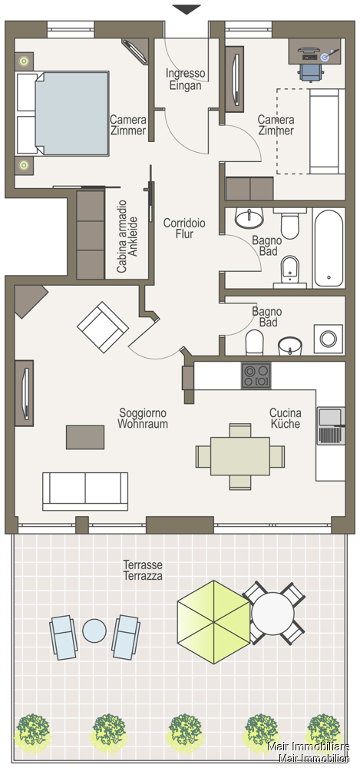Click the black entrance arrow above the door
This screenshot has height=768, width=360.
[x=187, y=9]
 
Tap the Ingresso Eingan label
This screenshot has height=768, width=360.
[x=185, y=79]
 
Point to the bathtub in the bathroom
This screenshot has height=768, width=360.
[x=329, y=249]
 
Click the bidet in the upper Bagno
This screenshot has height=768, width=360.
[x=290, y=269]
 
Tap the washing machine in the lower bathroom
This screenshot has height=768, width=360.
[x=328, y=339]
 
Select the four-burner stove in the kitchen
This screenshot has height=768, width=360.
[x=256, y=376]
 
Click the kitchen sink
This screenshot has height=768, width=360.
[x=331, y=425]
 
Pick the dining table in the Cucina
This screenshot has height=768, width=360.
[x=240, y=456]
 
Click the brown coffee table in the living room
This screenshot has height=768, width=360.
[x=85, y=437]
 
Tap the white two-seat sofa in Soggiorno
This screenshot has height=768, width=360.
[x=85, y=492]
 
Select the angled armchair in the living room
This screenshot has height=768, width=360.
[x=103, y=327]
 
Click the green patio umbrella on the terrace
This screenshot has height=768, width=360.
[x=214, y=622]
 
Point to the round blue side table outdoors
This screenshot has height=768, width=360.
[x=94, y=631]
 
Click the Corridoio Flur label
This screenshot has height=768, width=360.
[x=184, y=228]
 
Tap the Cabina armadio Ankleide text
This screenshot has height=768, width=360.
[x=127, y=236]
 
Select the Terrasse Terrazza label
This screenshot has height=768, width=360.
[x=142, y=570]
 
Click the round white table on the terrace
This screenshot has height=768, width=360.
[x=272, y=613]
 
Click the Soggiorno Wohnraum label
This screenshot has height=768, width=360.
[x=143, y=419]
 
